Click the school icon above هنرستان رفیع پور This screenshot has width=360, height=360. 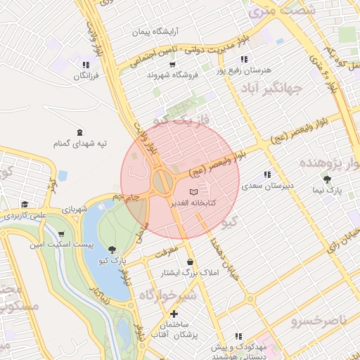click(x=244, y=60)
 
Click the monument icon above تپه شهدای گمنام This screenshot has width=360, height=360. click(x=80, y=131)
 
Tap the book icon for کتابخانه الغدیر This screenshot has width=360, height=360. click(x=194, y=192)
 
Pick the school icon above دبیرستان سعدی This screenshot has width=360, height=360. click(x=267, y=174)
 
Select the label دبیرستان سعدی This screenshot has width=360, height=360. click(x=267, y=186)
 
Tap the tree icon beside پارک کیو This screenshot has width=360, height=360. click(x=113, y=250)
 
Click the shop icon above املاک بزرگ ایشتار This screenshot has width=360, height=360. click(x=190, y=262)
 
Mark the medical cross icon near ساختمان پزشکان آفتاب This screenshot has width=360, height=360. click(x=175, y=314)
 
